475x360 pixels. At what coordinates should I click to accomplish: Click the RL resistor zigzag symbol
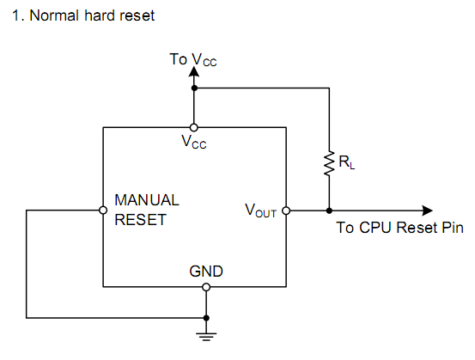pos(329,163)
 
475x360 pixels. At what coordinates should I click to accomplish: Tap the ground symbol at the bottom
pos(206,337)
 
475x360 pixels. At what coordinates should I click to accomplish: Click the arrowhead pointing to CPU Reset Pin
pos(428,211)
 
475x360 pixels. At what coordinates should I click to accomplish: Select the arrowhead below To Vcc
pos(194,71)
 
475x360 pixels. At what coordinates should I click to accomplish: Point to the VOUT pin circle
pos(286,211)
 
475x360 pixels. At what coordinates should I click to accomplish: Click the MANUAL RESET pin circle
pos(103,210)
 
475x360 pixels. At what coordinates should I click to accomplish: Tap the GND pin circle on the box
pos(206,287)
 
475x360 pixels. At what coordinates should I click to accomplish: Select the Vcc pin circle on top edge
pos(194,127)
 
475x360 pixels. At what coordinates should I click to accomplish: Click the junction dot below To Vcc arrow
pos(194,88)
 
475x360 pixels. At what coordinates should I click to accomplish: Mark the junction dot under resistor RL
pos(329,211)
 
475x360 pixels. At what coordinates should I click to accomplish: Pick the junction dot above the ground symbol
pos(206,318)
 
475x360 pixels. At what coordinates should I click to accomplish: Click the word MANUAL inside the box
pos(147,200)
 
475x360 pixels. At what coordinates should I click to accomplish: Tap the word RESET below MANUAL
pos(141,220)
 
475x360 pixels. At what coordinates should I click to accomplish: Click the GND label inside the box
pos(206,272)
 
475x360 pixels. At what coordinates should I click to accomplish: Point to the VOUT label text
pos(260,211)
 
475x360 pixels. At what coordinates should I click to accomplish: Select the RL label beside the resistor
pos(346,162)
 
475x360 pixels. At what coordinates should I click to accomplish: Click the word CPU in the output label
pos(375,228)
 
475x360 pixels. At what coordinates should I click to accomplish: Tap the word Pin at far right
pos(453,228)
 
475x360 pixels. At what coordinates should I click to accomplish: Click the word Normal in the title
pos(54,15)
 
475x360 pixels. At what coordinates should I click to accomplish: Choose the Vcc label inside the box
pos(194,142)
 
